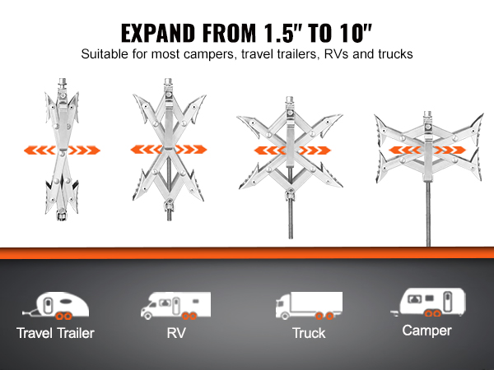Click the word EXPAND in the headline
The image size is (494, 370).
157,34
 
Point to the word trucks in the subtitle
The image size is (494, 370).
395,54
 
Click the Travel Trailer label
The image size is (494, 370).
55,333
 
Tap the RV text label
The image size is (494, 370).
176,333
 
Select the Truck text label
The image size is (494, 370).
309,333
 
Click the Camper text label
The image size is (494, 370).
426,331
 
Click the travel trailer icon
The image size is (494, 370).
56,306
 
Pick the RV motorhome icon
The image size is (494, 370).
176,306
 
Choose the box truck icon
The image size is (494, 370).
309,306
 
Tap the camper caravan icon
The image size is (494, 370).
428,302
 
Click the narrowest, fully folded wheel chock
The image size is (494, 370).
62,149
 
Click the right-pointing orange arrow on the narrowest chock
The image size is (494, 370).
84,150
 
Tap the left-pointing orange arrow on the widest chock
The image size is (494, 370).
405,150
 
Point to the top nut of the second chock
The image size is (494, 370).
168,81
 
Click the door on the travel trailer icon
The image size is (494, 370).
48,304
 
